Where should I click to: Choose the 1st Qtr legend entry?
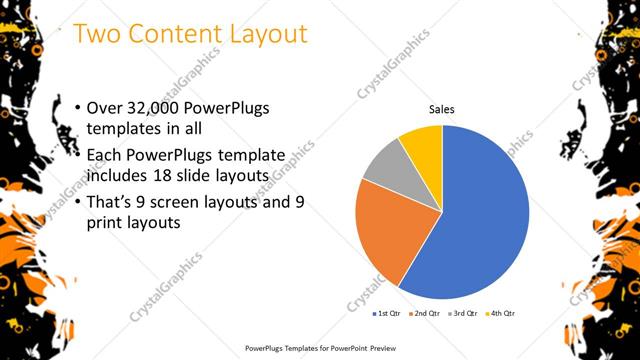tap(387, 314)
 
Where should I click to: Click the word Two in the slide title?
tap(99, 34)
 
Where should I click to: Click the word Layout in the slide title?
tap(269, 34)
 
